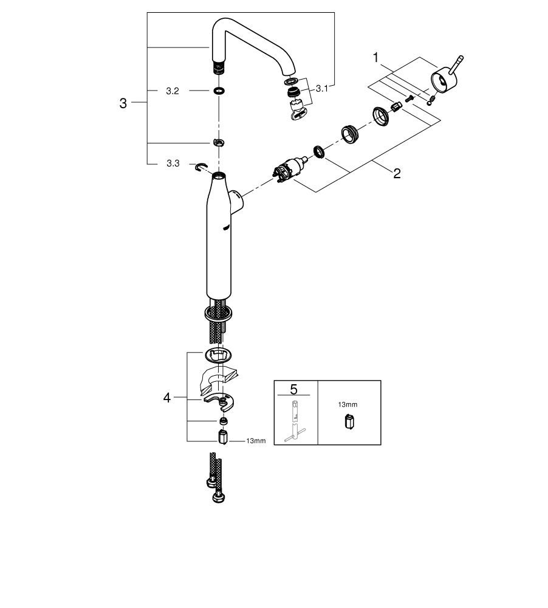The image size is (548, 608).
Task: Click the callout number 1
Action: click(375, 58)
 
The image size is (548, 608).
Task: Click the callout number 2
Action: click(397, 173)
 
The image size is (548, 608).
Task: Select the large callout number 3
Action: click(123, 103)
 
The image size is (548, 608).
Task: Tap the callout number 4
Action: click(166, 398)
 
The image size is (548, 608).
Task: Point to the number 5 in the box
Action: click(293, 389)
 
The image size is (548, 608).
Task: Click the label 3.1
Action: click(321, 89)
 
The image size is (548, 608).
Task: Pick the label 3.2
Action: click(173, 91)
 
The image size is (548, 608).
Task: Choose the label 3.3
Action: click(173, 164)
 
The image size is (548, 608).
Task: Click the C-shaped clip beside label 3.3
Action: click(202, 167)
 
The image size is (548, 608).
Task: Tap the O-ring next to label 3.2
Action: click(219, 91)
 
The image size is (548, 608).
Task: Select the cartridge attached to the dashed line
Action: click(290, 168)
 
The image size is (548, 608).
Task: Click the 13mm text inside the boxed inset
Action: click(348, 404)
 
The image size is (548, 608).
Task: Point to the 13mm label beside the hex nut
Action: click(256, 441)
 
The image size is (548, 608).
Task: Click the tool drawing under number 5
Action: click(295, 421)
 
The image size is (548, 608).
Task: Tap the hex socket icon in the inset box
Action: click(349, 421)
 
